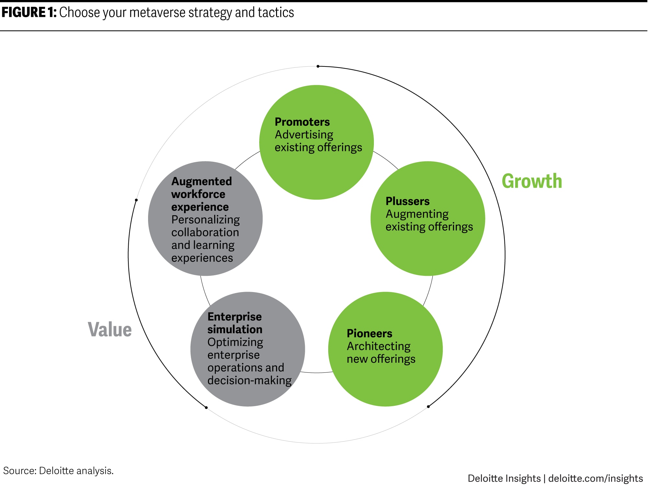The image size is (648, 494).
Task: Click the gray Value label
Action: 110,330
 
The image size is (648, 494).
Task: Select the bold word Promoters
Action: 302,122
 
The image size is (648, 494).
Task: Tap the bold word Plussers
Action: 407,201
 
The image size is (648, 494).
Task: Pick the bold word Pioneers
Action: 369,334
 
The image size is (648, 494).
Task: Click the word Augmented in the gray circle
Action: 202,181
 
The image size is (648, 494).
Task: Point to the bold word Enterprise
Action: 234,317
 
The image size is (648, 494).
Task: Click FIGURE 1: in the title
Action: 29,13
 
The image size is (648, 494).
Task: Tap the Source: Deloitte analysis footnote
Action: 58,471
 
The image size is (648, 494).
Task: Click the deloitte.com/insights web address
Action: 596,478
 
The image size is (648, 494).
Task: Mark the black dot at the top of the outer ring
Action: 318,66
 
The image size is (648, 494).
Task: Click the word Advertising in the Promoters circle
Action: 304,135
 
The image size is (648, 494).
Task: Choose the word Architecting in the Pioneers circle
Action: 378,346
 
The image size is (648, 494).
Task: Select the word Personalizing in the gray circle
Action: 205,220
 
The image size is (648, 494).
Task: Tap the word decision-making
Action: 249,380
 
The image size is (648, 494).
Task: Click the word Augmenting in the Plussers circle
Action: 417,214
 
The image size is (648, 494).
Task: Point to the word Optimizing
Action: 235,342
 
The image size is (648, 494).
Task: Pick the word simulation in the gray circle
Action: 235,329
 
